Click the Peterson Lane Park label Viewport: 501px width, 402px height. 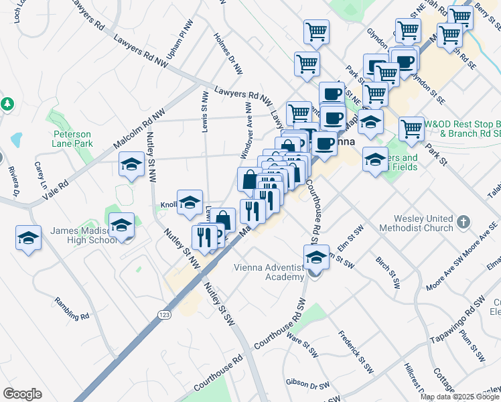pos(72,139)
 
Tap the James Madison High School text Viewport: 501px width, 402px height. pos(84,236)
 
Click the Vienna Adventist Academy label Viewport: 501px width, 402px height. pos(269,273)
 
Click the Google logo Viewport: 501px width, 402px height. pos(22,394)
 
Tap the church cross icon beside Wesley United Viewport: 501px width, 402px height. pos(463,220)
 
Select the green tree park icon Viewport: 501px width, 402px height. pos(7,104)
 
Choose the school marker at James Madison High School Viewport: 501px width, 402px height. pos(121,225)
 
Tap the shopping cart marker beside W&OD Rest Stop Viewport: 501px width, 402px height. pos(411,127)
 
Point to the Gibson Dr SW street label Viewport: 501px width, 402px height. pos(307,385)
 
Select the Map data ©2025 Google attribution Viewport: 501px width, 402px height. pos(460,397)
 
